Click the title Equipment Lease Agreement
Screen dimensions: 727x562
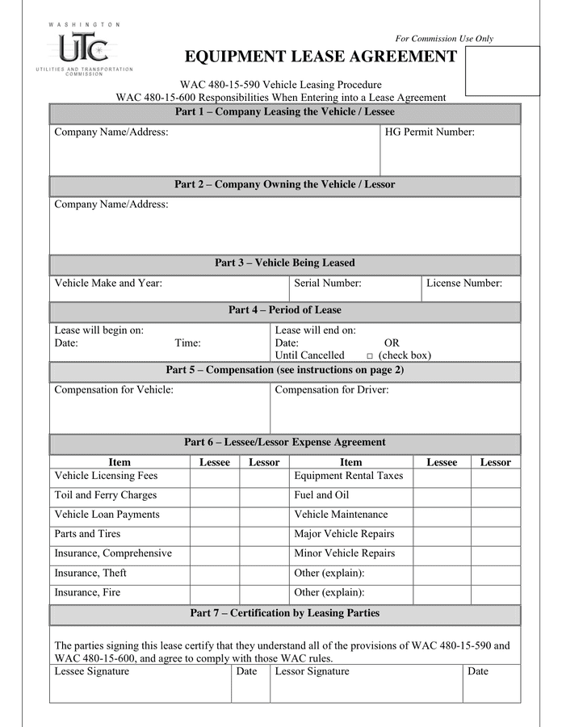321,57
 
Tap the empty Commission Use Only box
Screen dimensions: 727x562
502,71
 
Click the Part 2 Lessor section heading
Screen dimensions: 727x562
284,185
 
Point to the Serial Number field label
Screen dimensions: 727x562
327,284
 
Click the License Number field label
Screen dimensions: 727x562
463,284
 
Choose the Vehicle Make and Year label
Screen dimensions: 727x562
108,284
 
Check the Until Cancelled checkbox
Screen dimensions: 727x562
369,356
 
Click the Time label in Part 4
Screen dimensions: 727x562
187,343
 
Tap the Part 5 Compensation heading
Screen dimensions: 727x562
284,371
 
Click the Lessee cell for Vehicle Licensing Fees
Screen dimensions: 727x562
214,477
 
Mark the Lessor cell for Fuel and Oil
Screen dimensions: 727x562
495,496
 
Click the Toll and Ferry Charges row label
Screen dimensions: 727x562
105,496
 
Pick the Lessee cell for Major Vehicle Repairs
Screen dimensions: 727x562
441,535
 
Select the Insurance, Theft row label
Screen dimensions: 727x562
90,574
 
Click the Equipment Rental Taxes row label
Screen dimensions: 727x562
348,477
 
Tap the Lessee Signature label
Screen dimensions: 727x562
91,672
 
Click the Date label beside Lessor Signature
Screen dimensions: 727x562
477,672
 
